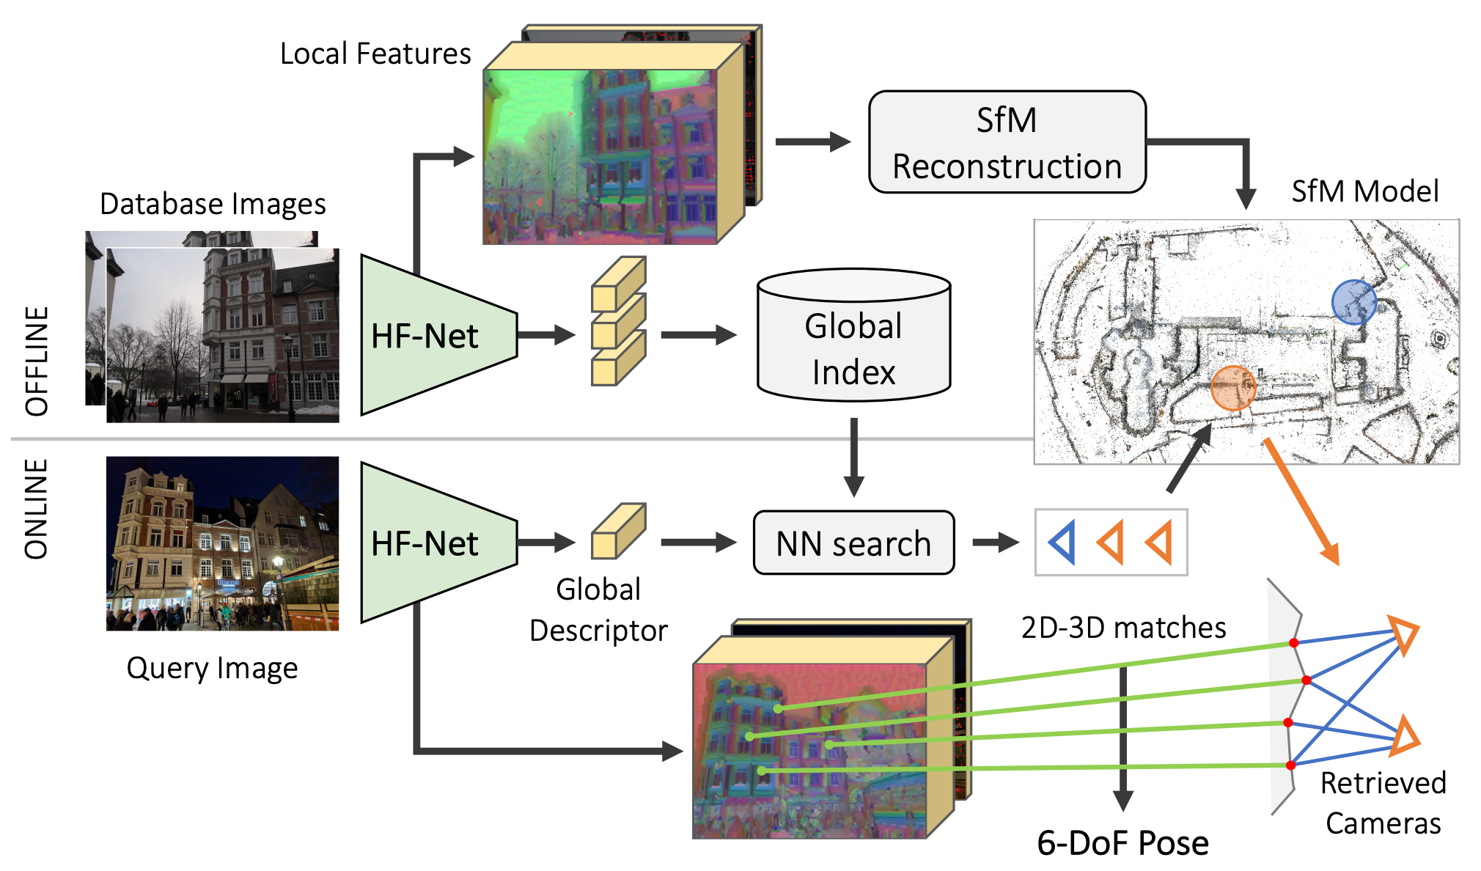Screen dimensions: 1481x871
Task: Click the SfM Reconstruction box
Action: click(1007, 142)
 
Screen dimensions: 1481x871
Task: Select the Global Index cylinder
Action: click(854, 335)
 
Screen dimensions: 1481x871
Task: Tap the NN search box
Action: click(854, 543)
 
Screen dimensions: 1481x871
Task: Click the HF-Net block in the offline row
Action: click(438, 335)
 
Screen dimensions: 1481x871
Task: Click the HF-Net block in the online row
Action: click(438, 543)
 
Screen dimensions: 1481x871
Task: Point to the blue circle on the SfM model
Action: click(1353, 302)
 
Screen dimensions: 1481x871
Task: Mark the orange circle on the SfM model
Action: click(1233, 388)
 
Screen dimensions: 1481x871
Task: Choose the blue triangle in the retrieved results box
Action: click(1063, 543)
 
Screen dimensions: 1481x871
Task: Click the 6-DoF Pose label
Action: click(1122, 843)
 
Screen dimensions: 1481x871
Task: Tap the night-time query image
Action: click(223, 543)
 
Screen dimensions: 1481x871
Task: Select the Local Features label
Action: click(375, 54)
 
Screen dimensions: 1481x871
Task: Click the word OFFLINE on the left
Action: click(37, 361)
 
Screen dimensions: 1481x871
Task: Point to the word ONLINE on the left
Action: click(37, 510)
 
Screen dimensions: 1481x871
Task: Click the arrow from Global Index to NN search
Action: click(854, 457)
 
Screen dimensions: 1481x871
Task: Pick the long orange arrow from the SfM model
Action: click(1302, 502)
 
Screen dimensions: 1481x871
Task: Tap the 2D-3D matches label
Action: click(1123, 628)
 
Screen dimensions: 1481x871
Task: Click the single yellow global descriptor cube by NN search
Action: click(619, 531)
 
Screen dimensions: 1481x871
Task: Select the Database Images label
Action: click(213, 204)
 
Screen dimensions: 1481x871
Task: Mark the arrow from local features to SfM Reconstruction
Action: click(813, 142)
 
